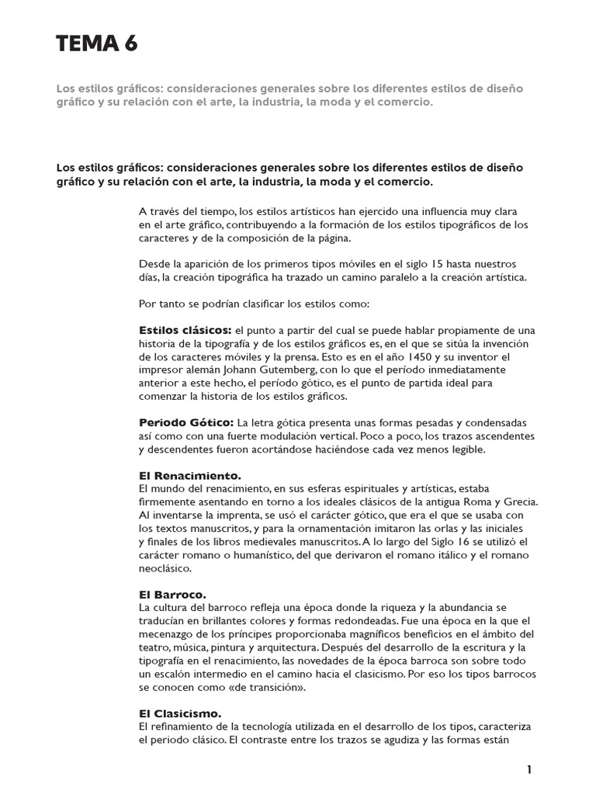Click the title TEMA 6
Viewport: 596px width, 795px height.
coord(97,45)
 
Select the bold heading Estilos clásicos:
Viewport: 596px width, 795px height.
coord(185,331)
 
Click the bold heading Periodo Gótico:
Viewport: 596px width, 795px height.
coord(186,422)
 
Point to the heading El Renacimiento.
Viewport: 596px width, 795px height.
coord(190,475)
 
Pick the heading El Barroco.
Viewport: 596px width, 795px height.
coord(172,594)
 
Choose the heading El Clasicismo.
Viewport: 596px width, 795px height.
coord(179,712)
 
